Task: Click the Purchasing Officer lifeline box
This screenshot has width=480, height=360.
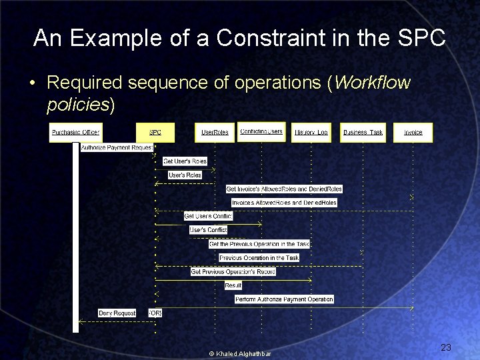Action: [x=75, y=132]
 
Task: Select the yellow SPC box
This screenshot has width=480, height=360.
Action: [x=155, y=132]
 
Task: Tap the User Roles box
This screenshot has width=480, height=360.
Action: [x=215, y=132]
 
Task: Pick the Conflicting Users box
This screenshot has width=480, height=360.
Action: [x=261, y=132]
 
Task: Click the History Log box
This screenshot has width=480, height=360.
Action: [x=311, y=132]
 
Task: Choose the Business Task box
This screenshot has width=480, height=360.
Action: [x=363, y=132]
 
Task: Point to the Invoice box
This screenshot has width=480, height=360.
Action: [x=413, y=132]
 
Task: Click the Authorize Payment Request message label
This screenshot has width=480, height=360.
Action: [x=117, y=147]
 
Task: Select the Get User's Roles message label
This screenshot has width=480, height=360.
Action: [x=185, y=161]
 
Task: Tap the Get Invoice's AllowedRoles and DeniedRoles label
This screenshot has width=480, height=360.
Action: [x=284, y=189]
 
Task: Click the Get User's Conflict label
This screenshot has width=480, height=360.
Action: [x=209, y=216]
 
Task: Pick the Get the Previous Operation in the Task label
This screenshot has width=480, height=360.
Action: [x=259, y=244]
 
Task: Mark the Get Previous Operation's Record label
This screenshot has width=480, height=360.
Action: [x=233, y=271]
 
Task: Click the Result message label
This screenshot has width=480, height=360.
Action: [x=233, y=285]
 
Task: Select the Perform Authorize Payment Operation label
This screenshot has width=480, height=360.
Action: [x=284, y=299]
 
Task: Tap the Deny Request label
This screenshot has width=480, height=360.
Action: [x=117, y=313]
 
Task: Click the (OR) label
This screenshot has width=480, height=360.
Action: [x=155, y=313]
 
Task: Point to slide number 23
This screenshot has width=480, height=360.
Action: [x=446, y=347]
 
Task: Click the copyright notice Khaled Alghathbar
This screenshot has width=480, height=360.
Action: [x=240, y=353]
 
